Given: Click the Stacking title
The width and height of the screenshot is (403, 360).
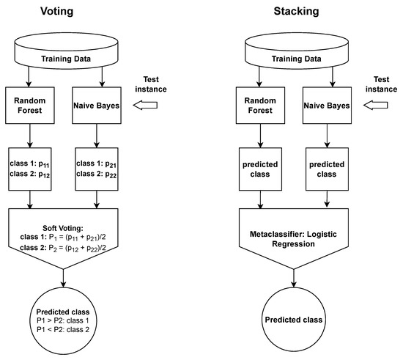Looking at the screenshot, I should click(x=293, y=12).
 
